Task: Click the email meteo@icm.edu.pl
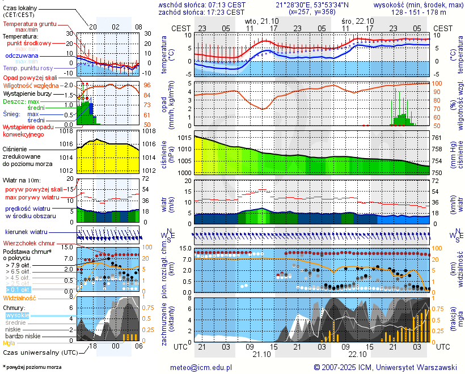click(201, 367)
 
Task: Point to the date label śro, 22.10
click(356, 20)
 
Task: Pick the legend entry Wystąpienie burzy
click(27, 93)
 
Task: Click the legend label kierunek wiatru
click(26, 232)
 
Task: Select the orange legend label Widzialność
click(20, 297)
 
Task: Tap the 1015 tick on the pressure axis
click(183, 138)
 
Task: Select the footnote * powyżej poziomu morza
click(32, 367)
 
